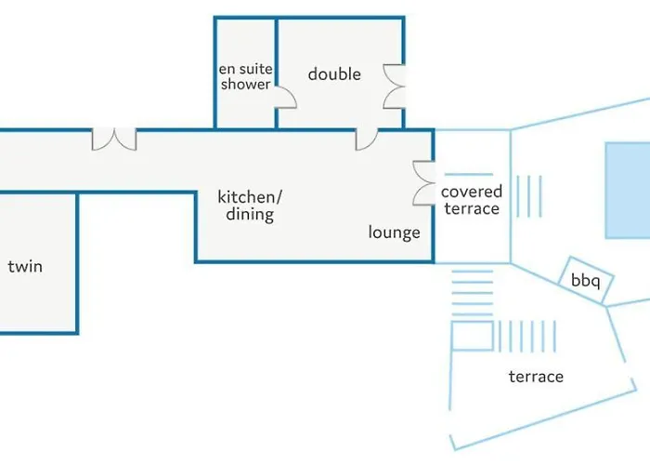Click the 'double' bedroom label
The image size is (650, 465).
334,74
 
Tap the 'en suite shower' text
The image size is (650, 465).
245,76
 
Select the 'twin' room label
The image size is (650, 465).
25,266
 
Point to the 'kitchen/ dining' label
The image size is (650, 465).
250,206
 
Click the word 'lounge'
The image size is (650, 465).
395,232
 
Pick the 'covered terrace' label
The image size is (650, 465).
472,200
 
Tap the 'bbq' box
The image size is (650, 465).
586,280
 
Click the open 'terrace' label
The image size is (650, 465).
536,377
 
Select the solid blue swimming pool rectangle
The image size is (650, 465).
628,191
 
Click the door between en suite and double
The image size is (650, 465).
286,97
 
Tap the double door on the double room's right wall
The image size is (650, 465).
394,86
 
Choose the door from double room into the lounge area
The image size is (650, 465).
367,139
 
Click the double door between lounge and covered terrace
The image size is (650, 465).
423,182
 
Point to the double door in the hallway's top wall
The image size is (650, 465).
114,139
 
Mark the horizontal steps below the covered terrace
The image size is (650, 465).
472,293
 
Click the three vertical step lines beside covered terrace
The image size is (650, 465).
529,196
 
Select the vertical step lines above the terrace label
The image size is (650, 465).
526,336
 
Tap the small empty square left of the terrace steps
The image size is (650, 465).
472,336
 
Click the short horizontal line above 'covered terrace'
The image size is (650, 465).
469,175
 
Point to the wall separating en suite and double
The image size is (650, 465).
276,73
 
